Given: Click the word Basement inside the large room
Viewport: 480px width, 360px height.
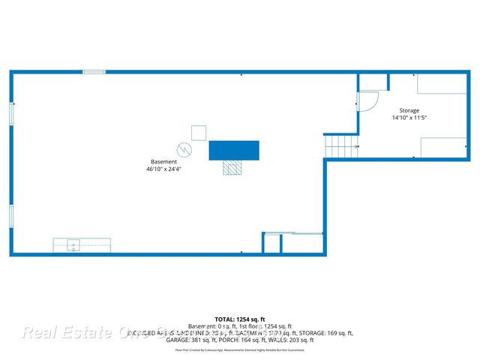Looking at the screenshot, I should (x=163, y=162).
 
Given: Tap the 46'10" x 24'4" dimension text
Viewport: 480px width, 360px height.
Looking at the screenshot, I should (x=163, y=169).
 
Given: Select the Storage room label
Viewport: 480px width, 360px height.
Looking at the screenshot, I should (x=409, y=110).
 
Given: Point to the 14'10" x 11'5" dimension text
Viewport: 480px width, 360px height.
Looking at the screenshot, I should (x=409, y=118).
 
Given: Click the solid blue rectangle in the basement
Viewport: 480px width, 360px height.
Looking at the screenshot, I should (x=234, y=150).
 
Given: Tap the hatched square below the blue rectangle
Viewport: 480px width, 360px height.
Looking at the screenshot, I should (x=232, y=168).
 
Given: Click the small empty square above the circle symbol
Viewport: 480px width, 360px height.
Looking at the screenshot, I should (x=199, y=133).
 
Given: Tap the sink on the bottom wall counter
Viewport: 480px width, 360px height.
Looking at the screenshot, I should (x=73, y=244).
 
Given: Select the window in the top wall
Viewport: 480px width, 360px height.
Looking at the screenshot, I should (x=94, y=72).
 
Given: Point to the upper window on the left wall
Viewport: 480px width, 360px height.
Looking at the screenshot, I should (x=11, y=114).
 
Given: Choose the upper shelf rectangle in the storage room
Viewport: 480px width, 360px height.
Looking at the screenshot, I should (x=442, y=83).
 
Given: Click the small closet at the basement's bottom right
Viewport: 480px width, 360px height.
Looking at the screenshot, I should (x=271, y=244).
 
